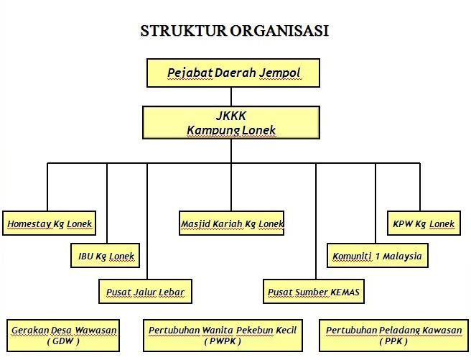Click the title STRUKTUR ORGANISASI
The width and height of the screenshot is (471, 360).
coord(235,31)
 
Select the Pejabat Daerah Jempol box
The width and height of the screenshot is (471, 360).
coord(233,73)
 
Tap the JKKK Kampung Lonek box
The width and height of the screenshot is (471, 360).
coord(231,122)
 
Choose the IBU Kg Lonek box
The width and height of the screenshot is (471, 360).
coord(106,255)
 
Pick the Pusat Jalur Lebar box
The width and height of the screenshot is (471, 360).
coord(146,292)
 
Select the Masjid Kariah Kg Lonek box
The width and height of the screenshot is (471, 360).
coord(232,223)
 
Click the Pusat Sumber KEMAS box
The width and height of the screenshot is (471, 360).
coord(314,292)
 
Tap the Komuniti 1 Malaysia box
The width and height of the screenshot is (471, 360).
coord(378,255)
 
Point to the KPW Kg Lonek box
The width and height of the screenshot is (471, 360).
coord(424,223)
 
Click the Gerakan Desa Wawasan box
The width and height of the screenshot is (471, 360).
coord(64,335)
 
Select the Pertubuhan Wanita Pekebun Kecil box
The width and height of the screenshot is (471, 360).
coord(223,335)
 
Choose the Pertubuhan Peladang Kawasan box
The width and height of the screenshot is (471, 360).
coord(394,335)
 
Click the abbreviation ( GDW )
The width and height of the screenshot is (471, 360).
coord(63,341)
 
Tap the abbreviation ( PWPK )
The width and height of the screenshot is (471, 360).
coord(222,341)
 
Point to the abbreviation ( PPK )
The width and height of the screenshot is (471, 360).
coord(394,341)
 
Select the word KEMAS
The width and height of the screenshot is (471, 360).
coord(345,292)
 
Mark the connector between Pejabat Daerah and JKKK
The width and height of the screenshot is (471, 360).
coord(231,96)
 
